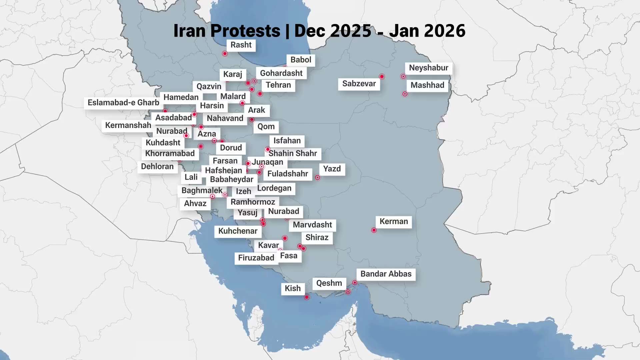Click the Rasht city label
[241, 45]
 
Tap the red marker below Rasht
[225, 54]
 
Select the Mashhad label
[427, 85]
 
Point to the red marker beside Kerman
[374, 230]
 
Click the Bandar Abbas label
[386, 274]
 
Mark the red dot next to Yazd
[318, 178]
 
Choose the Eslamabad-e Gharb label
[123, 103]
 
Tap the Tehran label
[278, 85]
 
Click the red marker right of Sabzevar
[382, 77]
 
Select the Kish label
[293, 289]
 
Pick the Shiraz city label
[317, 238]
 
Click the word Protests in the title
[245, 31]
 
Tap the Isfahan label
[287, 141]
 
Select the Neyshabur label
[429, 68]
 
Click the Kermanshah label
[128, 125]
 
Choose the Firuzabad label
[256, 258]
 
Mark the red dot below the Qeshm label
[348, 292]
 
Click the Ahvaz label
[195, 204]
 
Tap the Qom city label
[266, 127]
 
